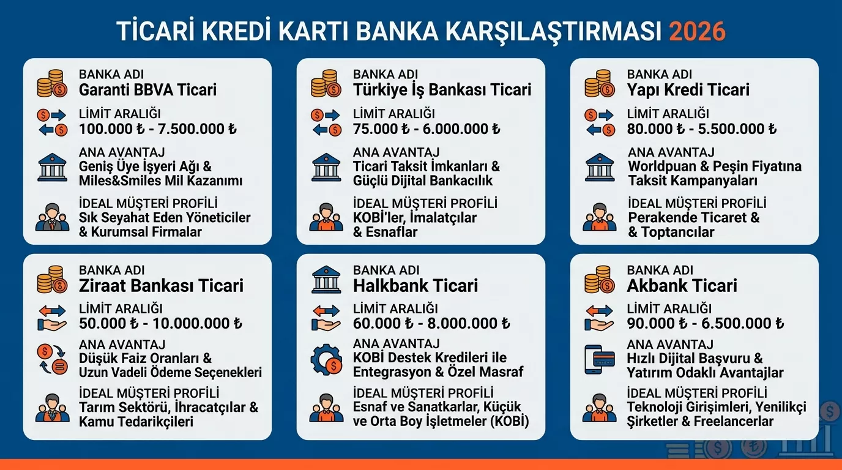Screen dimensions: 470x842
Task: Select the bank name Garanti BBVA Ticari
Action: (147, 90)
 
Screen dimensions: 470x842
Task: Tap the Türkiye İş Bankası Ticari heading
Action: (442, 90)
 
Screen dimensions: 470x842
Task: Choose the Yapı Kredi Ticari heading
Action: (688, 90)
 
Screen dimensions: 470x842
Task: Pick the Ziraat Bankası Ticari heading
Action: (161, 286)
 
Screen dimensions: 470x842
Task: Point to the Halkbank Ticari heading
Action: (415, 286)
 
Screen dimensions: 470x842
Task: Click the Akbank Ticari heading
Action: (682, 286)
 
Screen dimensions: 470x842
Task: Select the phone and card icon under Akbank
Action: (600, 359)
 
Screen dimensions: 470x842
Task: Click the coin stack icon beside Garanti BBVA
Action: (52, 84)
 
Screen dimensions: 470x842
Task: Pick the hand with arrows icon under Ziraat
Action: (52, 318)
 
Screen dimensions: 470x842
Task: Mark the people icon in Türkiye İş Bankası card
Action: (326, 218)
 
